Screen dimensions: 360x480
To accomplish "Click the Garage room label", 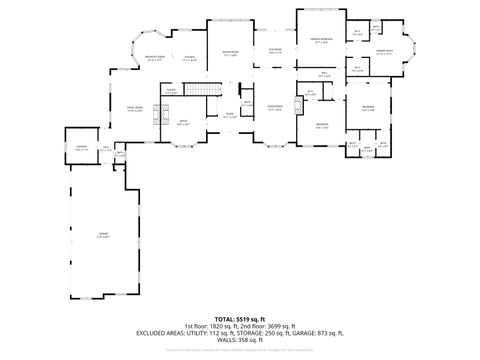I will coord(102,236).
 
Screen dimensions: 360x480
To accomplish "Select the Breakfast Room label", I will coord(154,58).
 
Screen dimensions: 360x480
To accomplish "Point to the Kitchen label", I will coord(188,58).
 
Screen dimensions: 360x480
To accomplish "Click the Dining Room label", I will coord(229,53).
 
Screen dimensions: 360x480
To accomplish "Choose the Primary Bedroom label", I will coord(321,41).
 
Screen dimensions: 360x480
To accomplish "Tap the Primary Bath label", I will coord(383,51).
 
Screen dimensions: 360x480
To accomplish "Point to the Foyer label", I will coord(229,115).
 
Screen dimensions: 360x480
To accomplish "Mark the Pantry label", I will coord(171,91).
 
